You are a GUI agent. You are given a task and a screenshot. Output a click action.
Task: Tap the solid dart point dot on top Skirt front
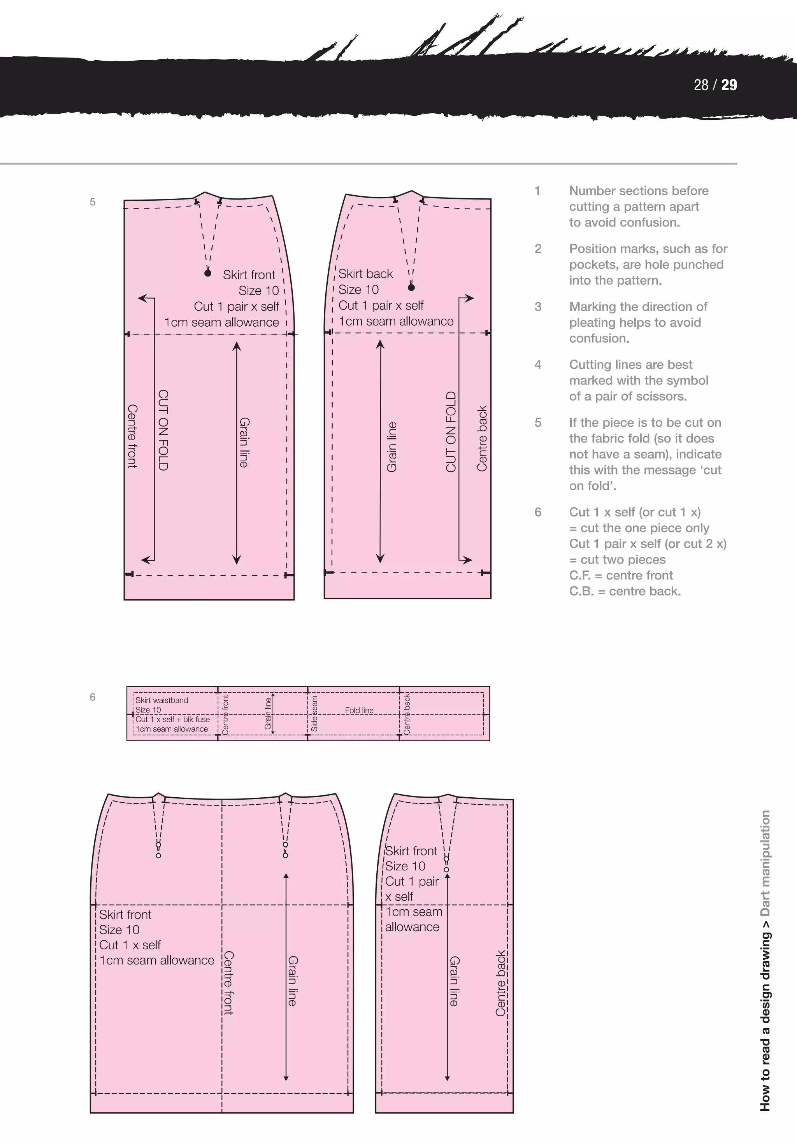[x=207, y=273]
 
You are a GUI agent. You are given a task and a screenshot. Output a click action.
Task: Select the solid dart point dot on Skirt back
[x=411, y=287]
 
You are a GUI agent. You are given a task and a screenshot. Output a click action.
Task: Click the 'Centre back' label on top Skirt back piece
[x=482, y=438]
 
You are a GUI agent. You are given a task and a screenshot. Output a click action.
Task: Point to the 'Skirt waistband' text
[x=162, y=700]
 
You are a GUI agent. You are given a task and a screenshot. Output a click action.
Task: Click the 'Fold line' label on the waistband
[x=359, y=710]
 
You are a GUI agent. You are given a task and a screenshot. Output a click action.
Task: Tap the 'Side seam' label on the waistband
[x=314, y=714]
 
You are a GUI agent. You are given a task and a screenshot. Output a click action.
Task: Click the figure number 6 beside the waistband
[x=92, y=697]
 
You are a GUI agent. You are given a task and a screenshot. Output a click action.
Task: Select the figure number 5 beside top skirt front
[x=92, y=202]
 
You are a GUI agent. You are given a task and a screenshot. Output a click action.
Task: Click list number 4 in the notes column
[x=537, y=364]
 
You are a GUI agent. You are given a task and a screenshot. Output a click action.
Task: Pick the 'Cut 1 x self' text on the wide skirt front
[x=130, y=945]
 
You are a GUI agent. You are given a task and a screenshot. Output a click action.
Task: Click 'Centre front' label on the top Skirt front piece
[x=132, y=436]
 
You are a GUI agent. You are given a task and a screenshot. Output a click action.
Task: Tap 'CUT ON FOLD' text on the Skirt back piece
[x=451, y=431]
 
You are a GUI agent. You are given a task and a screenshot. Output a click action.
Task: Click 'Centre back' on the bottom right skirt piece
[x=500, y=983]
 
